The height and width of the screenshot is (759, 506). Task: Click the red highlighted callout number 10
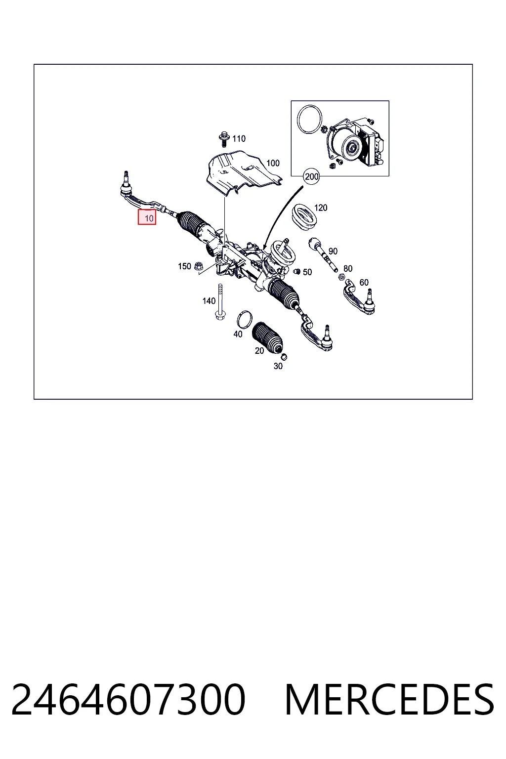click(x=147, y=217)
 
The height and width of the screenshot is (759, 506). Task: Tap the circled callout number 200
click(x=311, y=176)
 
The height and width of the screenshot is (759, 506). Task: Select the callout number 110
click(x=239, y=138)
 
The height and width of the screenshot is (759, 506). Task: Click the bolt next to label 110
click(x=223, y=139)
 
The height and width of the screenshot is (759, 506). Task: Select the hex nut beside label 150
click(x=198, y=266)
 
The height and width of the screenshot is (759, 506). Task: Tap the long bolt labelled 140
click(x=220, y=302)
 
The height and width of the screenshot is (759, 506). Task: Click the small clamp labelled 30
click(x=284, y=356)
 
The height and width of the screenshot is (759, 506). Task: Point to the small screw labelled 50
click(x=297, y=271)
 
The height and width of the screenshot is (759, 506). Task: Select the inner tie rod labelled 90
click(x=322, y=255)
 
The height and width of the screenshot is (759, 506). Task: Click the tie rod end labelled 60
click(x=359, y=297)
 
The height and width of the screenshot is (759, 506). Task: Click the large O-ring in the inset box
click(x=309, y=120)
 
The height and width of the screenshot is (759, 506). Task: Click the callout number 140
click(x=209, y=301)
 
